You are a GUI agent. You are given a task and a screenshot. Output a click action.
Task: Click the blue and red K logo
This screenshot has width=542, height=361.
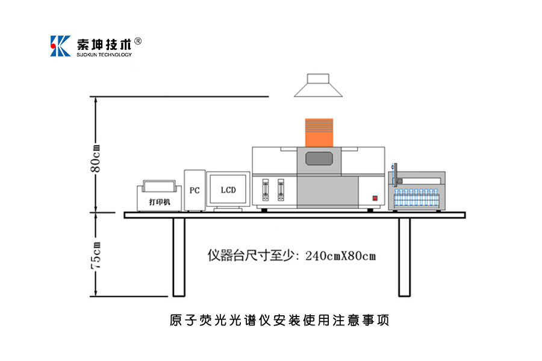coord(61,46)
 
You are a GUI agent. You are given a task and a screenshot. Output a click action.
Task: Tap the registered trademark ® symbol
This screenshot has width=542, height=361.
coord(138,41)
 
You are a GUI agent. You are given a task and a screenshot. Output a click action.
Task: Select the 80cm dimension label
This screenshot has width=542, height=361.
coord(95,158)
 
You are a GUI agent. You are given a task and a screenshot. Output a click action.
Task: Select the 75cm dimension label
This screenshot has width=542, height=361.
coord(95,255)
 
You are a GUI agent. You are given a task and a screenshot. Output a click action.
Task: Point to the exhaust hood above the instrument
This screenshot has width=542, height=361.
coord(319,85)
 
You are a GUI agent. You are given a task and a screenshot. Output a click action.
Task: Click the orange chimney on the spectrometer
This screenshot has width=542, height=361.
coord(319,132)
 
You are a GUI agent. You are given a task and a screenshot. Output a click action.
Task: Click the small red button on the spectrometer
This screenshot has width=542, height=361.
coord(374,198)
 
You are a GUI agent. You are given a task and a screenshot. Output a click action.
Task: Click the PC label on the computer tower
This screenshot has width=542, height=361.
coord(195,190)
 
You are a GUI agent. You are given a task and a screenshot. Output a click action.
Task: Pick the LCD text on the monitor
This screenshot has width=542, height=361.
coord(228,190)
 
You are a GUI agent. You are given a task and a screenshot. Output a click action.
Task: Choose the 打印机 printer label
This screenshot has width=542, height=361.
coord(160,202)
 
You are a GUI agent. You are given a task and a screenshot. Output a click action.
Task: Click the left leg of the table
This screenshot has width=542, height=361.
coord(178,257)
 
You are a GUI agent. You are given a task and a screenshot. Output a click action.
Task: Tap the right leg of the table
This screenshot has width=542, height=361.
coord(404,257)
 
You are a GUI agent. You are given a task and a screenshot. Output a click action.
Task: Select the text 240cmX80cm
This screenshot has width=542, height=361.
coord(341,255)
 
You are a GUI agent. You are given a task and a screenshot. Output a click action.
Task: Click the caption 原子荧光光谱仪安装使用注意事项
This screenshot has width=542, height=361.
coord(279,320)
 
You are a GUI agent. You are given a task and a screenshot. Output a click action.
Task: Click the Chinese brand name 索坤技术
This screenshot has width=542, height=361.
coord(104,44)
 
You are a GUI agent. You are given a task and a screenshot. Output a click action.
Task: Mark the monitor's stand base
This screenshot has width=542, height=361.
coord(228,208)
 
